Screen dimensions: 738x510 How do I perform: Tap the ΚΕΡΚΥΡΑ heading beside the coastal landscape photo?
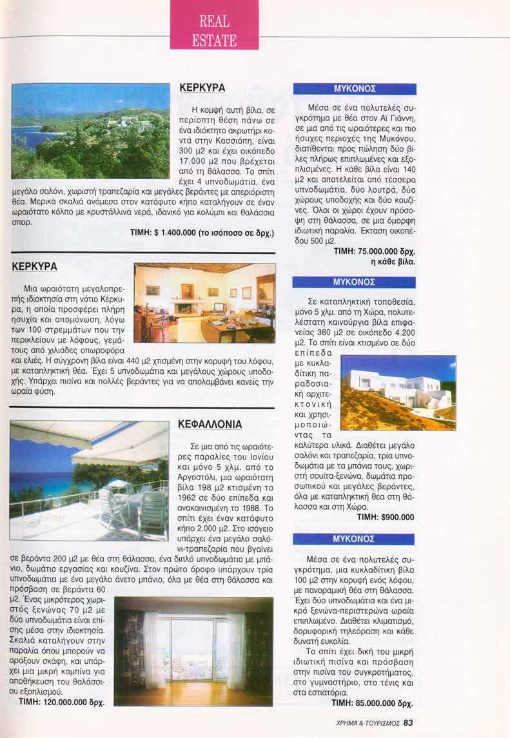coord(201,88)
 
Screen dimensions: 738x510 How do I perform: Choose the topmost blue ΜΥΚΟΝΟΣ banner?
coord(354,89)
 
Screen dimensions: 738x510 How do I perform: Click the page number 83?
coord(408,723)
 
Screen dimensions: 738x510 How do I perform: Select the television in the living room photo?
coord(219,307)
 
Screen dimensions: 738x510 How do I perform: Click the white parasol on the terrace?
coord(117,483)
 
